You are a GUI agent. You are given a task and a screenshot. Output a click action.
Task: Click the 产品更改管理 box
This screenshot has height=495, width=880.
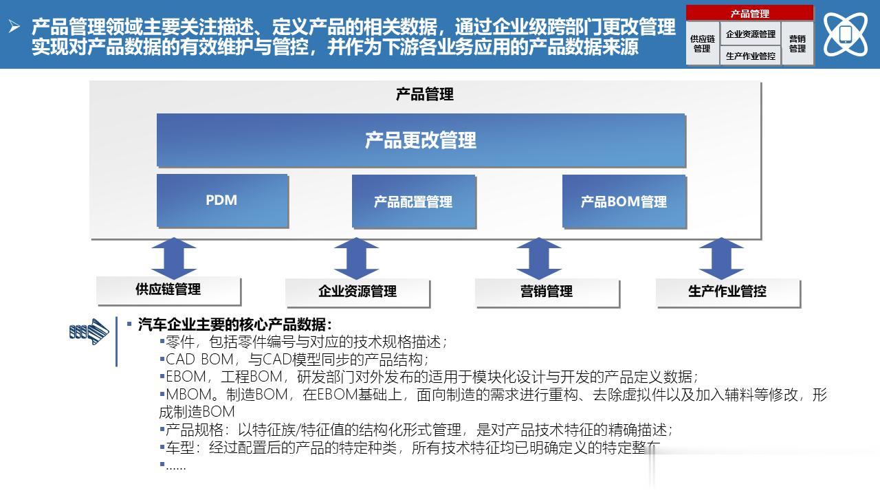click(x=421, y=140)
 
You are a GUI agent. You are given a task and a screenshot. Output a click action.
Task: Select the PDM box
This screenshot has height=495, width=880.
click(x=222, y=201)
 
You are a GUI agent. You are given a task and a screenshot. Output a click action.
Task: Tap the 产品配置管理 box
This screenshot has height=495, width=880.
click(x=414, y=201)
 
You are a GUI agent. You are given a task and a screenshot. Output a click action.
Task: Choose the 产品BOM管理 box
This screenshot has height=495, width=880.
click(x=624, y=201)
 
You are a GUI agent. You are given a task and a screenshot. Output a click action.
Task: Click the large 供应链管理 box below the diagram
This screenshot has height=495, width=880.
click(x=168, y=290)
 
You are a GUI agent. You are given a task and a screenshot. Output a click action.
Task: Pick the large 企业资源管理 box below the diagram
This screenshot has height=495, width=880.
click(x=357, y=292)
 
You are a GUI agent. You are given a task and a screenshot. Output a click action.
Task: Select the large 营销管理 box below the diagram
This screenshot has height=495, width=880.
click(x=547, y=292)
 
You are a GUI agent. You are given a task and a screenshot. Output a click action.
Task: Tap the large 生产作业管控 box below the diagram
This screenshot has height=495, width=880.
click(x=728, y=292)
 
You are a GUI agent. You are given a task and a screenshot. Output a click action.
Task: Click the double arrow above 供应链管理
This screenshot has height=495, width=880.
click(x=174, y=258)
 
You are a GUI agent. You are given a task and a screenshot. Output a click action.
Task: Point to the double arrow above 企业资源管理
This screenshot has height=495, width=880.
click(x=356, y=258)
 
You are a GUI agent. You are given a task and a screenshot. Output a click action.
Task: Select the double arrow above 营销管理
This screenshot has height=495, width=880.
click(x=538, y=258)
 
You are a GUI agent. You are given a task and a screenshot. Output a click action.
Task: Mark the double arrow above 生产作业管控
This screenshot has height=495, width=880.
click(x=721, y=258)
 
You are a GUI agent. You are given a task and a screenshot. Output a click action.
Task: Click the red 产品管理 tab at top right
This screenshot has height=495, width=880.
click(x=749, y=13)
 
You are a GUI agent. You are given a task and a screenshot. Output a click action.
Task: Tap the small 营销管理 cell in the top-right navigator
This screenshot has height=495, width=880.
click(x=797, y=43)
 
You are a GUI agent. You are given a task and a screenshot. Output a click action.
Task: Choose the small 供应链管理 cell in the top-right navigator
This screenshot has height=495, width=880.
click(x=703, y=43)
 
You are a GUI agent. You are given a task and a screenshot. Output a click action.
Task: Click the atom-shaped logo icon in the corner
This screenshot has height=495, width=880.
click(x=846, y=34)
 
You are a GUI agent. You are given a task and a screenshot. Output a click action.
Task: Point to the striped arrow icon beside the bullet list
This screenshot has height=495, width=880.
click(x=89, y=332)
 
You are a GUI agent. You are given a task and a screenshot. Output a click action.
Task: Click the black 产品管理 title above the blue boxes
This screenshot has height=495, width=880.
click(x=425, y=95)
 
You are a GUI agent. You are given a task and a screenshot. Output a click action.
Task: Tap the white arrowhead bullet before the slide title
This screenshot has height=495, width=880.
click(x=14, y=26)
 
